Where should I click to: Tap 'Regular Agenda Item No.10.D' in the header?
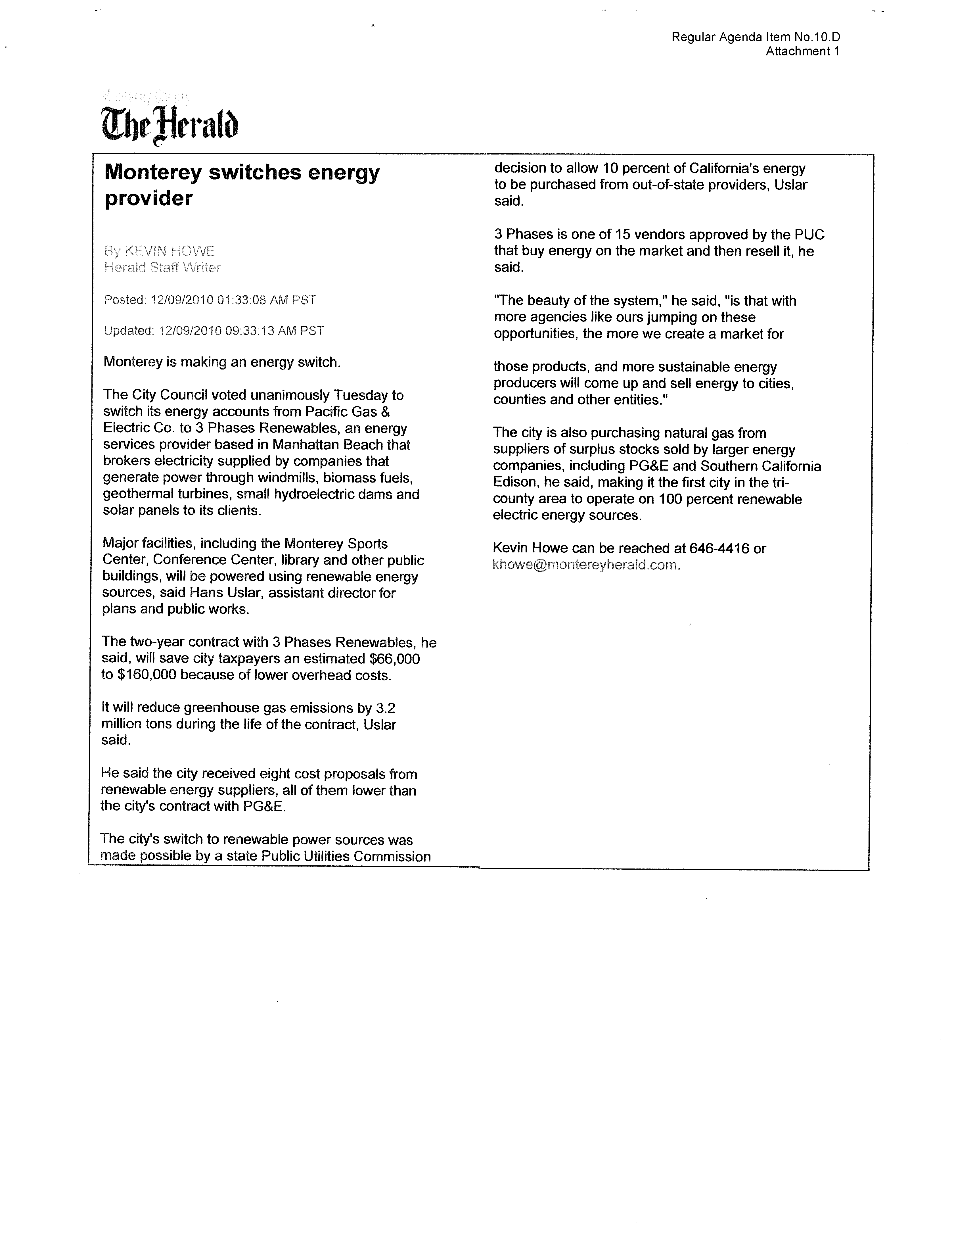pyautogui.click(x=755, y=37)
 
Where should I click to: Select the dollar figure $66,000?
pyautogui.click(x=394, y=659)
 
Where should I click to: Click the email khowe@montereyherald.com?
pyautogui.click(x=585, y=565)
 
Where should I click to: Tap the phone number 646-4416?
pyautogui.click(x=719, y=548)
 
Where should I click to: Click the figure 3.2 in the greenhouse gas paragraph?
pyautogui.click(x=386, y=708)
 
